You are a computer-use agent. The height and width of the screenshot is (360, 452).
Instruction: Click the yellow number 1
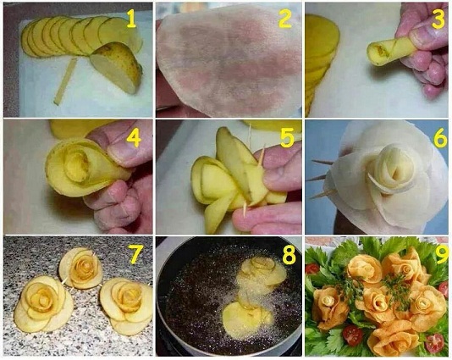click(131, 19)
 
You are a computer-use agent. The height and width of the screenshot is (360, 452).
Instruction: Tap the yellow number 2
click(285, 18)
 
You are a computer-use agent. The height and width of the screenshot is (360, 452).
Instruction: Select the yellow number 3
click(438, 19)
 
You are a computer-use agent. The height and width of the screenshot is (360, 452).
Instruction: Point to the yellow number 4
click(134, 138)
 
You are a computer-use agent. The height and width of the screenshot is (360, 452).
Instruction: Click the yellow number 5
click(287, 137)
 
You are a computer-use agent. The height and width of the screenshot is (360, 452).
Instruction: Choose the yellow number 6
click(440, 138)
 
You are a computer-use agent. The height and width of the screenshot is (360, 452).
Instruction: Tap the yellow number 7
click(136, 254)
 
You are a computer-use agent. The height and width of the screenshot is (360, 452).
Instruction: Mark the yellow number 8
click(289, 255)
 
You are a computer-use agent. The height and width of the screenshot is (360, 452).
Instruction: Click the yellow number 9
click(443, 254)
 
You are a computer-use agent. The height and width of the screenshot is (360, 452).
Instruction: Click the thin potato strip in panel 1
click(65, 81)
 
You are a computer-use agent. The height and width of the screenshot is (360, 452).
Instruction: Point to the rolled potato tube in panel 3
click(390, 52)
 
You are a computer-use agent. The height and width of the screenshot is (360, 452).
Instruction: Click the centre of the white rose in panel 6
click(394, 168)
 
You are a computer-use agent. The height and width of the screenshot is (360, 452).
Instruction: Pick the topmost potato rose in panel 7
click(80, 268)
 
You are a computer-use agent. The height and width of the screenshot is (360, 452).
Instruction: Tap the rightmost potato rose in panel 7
click(127, 303)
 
